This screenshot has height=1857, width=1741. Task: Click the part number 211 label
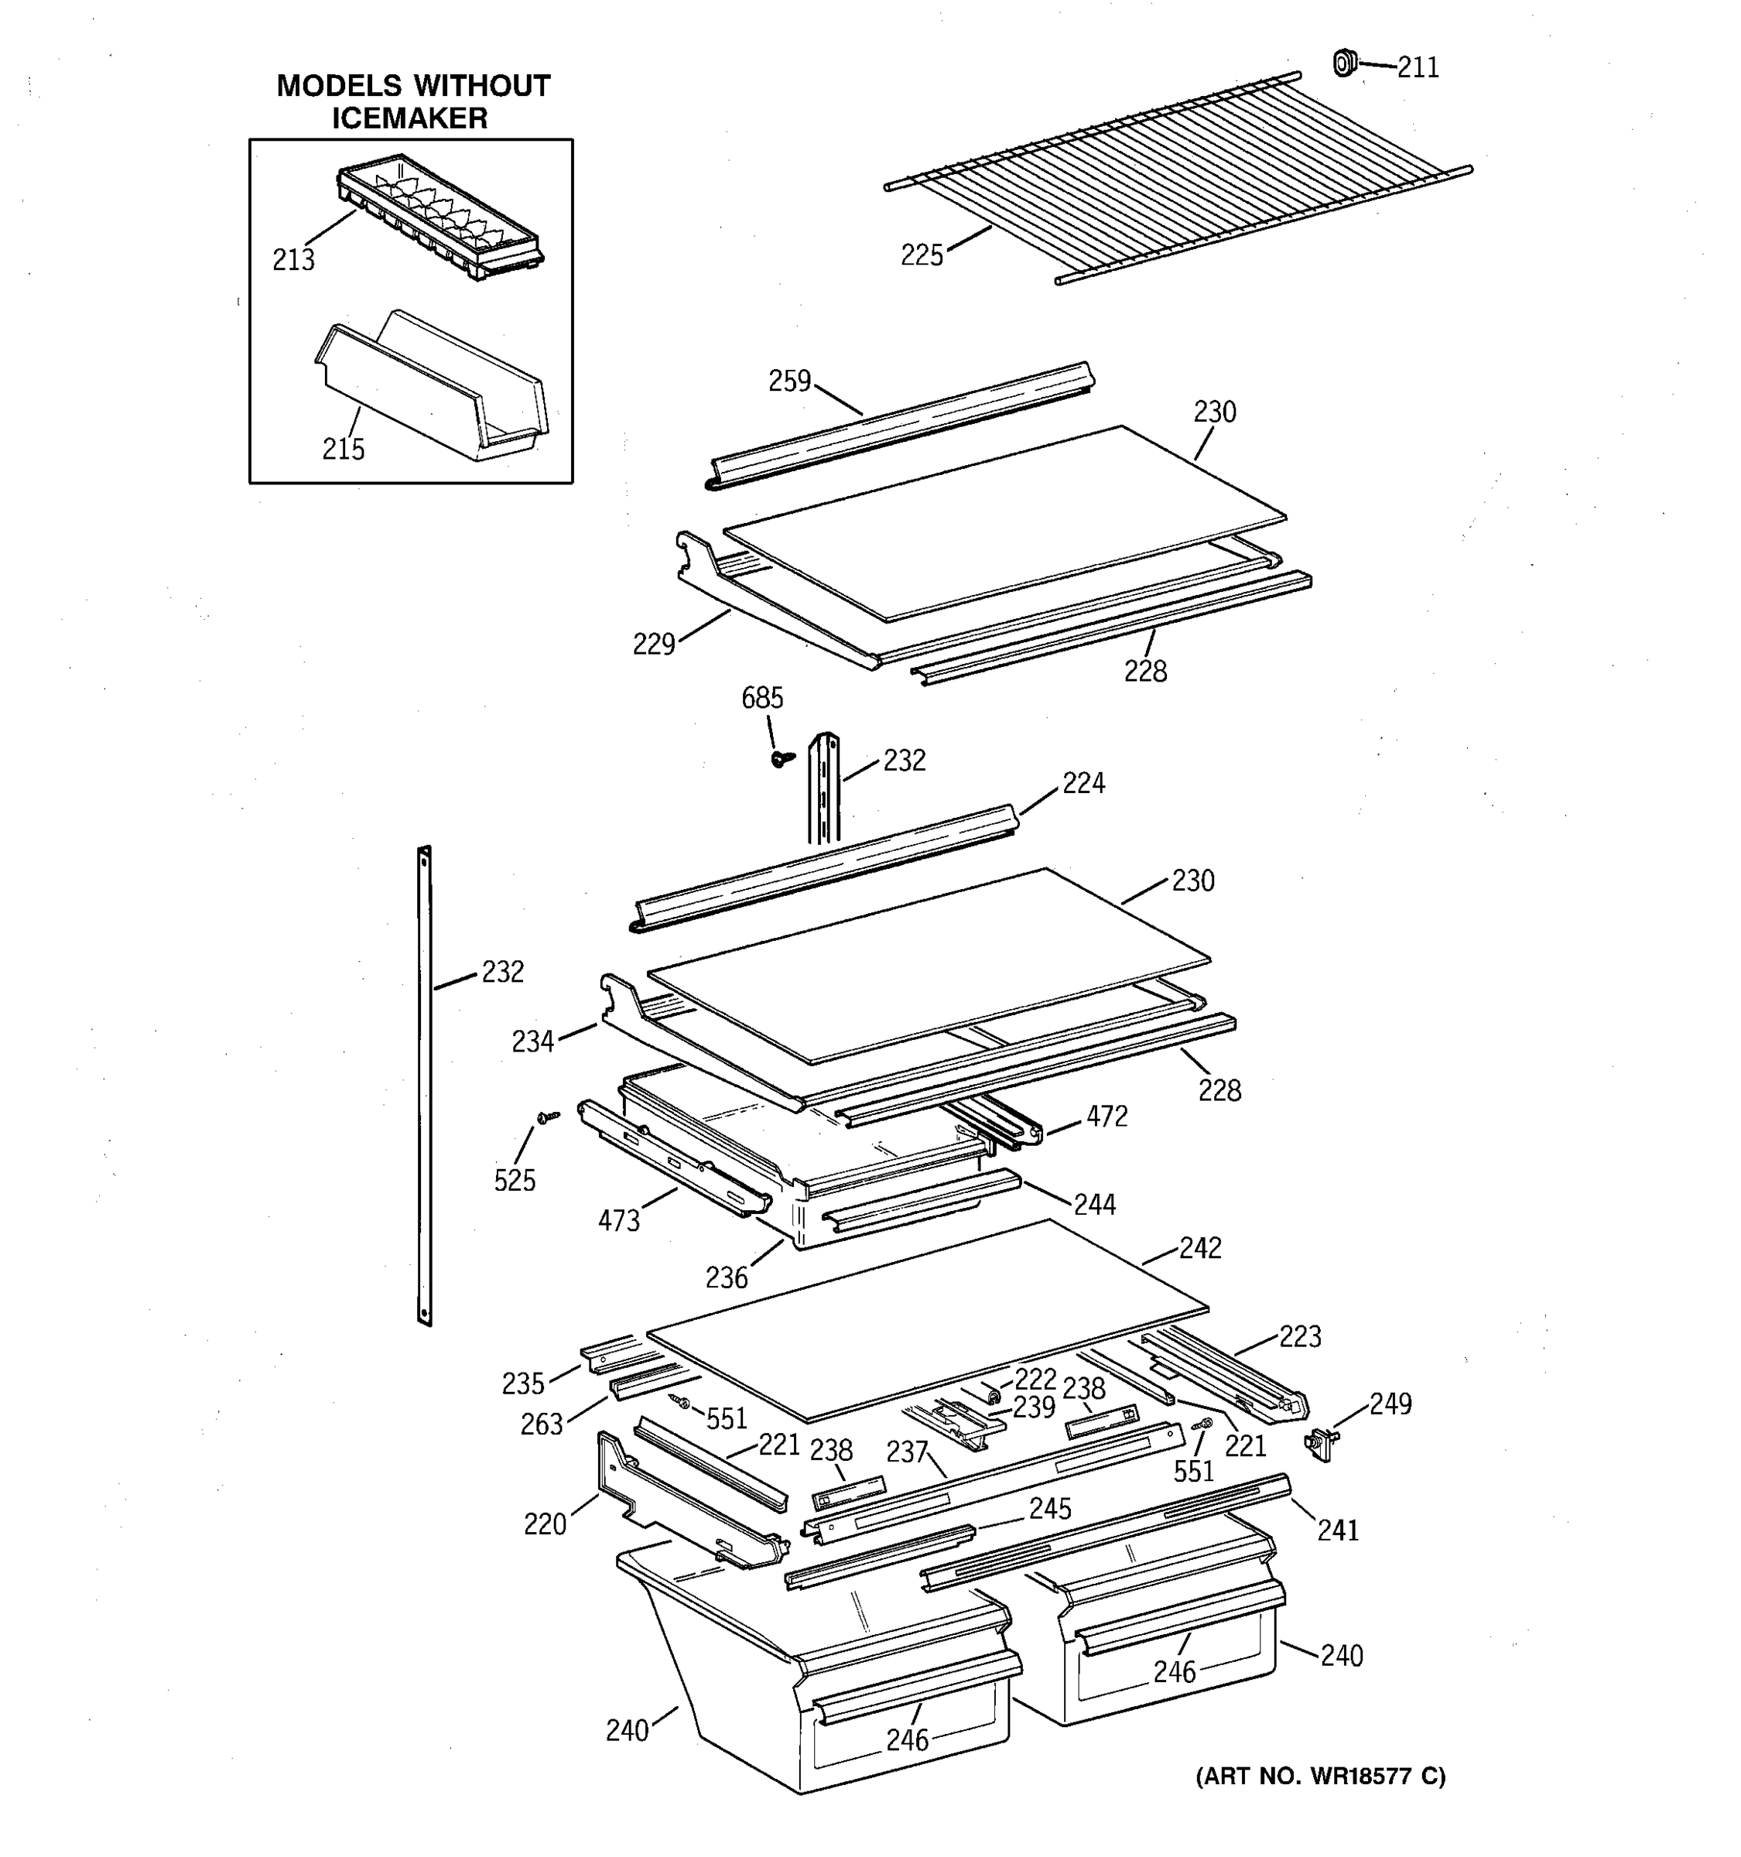click(x=1417, y=67)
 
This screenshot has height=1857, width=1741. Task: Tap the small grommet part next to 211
click(x=1343, y=63)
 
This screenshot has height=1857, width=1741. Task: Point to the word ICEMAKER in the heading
click(x=410, y=118)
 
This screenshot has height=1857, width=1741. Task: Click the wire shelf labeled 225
click(x=1177, y=177)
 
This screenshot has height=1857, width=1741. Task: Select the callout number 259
click(x=789, y=381)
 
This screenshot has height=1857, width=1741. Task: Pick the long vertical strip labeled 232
click(x=424, y=1083)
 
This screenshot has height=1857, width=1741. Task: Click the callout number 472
click(x=1106, y=1117)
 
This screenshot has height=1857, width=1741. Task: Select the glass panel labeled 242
click(x=925, y=1317)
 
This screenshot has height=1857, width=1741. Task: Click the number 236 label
click(x=727, y=1277)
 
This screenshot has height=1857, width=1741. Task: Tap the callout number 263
click(x=542, y=1424)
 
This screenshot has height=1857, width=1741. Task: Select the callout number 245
click(x=1050, y=1509)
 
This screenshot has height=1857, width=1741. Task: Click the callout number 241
click(x=1338, y=1530)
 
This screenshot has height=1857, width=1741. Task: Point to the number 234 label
click(x=532, y=1041)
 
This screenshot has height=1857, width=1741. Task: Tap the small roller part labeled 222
click(x=991, y=1394)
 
